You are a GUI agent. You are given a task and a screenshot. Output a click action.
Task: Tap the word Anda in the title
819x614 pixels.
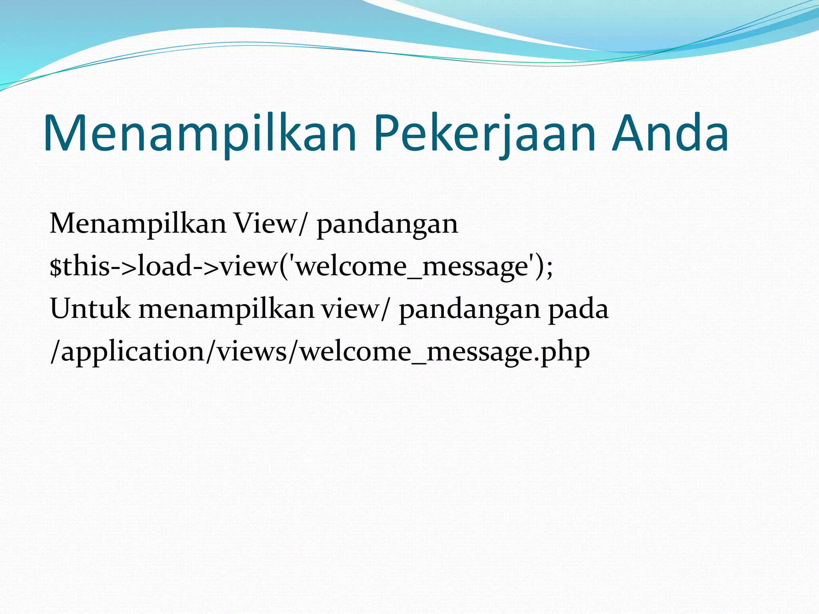click(670, 134)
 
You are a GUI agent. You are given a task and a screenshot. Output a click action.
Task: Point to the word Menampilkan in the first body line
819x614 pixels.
click(138, 223)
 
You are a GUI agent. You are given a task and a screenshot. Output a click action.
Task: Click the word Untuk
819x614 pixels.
click(90, 309)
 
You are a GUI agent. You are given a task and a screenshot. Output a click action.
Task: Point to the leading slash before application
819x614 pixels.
click(55, 352)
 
